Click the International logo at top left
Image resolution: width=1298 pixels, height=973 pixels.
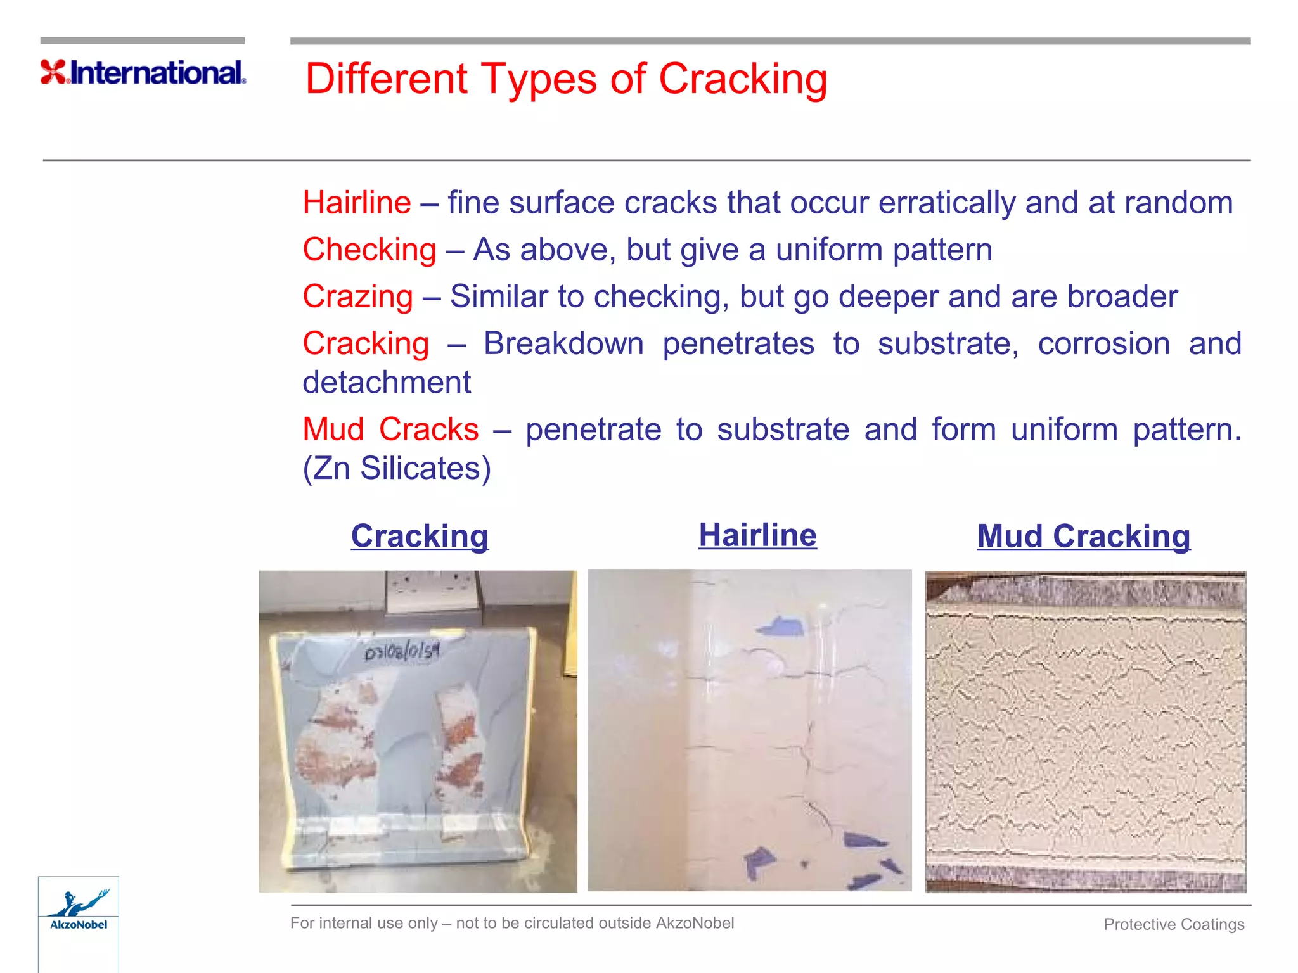pos(143,72)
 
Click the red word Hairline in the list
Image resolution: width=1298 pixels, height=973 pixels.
pos(357,203)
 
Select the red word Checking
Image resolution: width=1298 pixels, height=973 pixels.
pos(369,250)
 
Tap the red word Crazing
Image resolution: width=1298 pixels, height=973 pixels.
pos(357,296)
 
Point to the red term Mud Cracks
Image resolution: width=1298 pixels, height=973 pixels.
pos(390,429)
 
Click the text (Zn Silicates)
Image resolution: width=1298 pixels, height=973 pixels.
pos(397,469)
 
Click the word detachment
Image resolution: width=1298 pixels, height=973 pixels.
pos(387,383)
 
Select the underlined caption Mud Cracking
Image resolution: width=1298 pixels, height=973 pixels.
pos(1083,536)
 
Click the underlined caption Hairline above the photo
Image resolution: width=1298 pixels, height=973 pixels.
pos(757,535)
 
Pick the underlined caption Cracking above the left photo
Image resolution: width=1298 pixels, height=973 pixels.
pos(420,536)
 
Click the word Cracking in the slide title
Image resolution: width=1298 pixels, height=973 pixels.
pos(743,79)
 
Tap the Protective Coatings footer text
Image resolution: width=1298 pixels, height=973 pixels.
pos(1174,924)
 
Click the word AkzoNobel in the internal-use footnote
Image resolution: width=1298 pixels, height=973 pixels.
pos(695,923)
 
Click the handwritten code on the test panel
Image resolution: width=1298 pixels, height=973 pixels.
pos(402,651)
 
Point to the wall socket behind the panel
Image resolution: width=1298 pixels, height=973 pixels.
pos(431,589)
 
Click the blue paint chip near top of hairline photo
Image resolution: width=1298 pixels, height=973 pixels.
pos(781,626)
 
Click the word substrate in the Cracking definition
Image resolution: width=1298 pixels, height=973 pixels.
pos(948,344)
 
